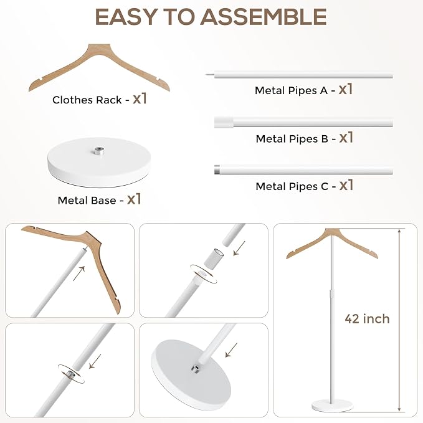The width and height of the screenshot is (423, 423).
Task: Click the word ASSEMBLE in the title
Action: [264, 17]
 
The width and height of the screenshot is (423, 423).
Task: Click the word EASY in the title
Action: [126, 17]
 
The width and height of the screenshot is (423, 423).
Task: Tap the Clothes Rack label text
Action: [87, 100]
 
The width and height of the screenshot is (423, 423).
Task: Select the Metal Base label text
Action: [87, 201]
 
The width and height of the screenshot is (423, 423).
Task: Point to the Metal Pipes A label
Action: [291, 91]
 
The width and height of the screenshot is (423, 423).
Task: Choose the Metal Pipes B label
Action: [292, 139]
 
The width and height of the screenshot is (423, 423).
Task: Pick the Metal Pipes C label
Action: [292, 186]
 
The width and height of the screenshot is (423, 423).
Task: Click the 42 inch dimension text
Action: [367, 319]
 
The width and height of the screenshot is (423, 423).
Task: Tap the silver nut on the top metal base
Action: [99, 150]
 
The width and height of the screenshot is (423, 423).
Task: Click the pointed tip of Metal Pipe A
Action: [206, 74]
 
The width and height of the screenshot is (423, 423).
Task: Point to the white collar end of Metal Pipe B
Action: [224, 122]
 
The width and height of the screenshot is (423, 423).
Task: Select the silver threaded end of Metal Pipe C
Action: [217, 169]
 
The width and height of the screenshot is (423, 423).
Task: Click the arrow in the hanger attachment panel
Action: [79, 273]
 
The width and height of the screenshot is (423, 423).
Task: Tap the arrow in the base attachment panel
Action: [231, 349]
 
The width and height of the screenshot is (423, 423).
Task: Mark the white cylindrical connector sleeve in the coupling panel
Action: [213, 257]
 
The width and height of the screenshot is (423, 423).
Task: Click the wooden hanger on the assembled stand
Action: [332, 243]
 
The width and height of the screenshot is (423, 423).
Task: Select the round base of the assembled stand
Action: [332, 406]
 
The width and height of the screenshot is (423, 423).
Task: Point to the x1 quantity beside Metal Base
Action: [134, 199]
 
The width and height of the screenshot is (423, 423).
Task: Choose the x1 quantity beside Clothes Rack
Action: [140, 98]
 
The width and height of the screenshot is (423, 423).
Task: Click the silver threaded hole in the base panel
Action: [195, 368]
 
